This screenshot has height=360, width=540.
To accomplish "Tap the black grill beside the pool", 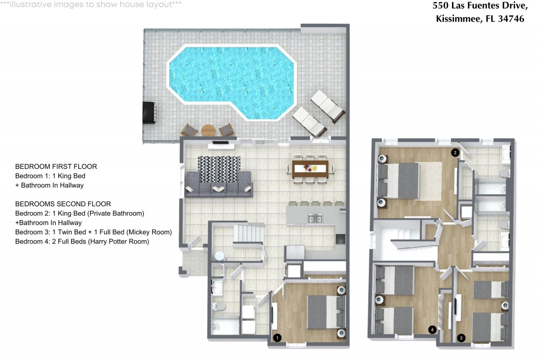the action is click(x=150, y=112).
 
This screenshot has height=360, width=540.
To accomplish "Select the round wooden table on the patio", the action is click(x=208, y=131).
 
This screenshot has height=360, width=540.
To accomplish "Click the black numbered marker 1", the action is click(x=277, y=338).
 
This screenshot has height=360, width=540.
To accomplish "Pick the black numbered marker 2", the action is click(x=455, y=152).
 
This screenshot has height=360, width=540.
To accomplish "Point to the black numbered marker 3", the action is click(x=461, y=338).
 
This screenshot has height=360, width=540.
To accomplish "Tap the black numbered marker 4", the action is click(x=432, y=330).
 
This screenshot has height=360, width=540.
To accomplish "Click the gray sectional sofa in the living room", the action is click(x=219, y=185).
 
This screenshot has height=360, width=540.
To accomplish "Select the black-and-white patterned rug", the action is click(x=219, y=169).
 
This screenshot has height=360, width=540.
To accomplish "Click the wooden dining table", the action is click(x=310, y=168).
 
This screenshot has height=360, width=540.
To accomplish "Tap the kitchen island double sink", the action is click(x=315, y=219).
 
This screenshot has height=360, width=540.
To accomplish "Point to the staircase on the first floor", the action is click(x=248, y=234).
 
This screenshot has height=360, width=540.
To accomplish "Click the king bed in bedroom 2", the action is click(x=399, y=181).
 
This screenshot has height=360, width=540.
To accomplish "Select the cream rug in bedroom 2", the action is click(x=430, y=181).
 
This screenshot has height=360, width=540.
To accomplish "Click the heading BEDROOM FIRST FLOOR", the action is click(x=56, y=167).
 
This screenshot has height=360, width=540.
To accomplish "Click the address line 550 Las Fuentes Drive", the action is click(x=480, y=6).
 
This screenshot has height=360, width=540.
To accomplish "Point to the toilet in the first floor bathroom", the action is click(x=219, y=306).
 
